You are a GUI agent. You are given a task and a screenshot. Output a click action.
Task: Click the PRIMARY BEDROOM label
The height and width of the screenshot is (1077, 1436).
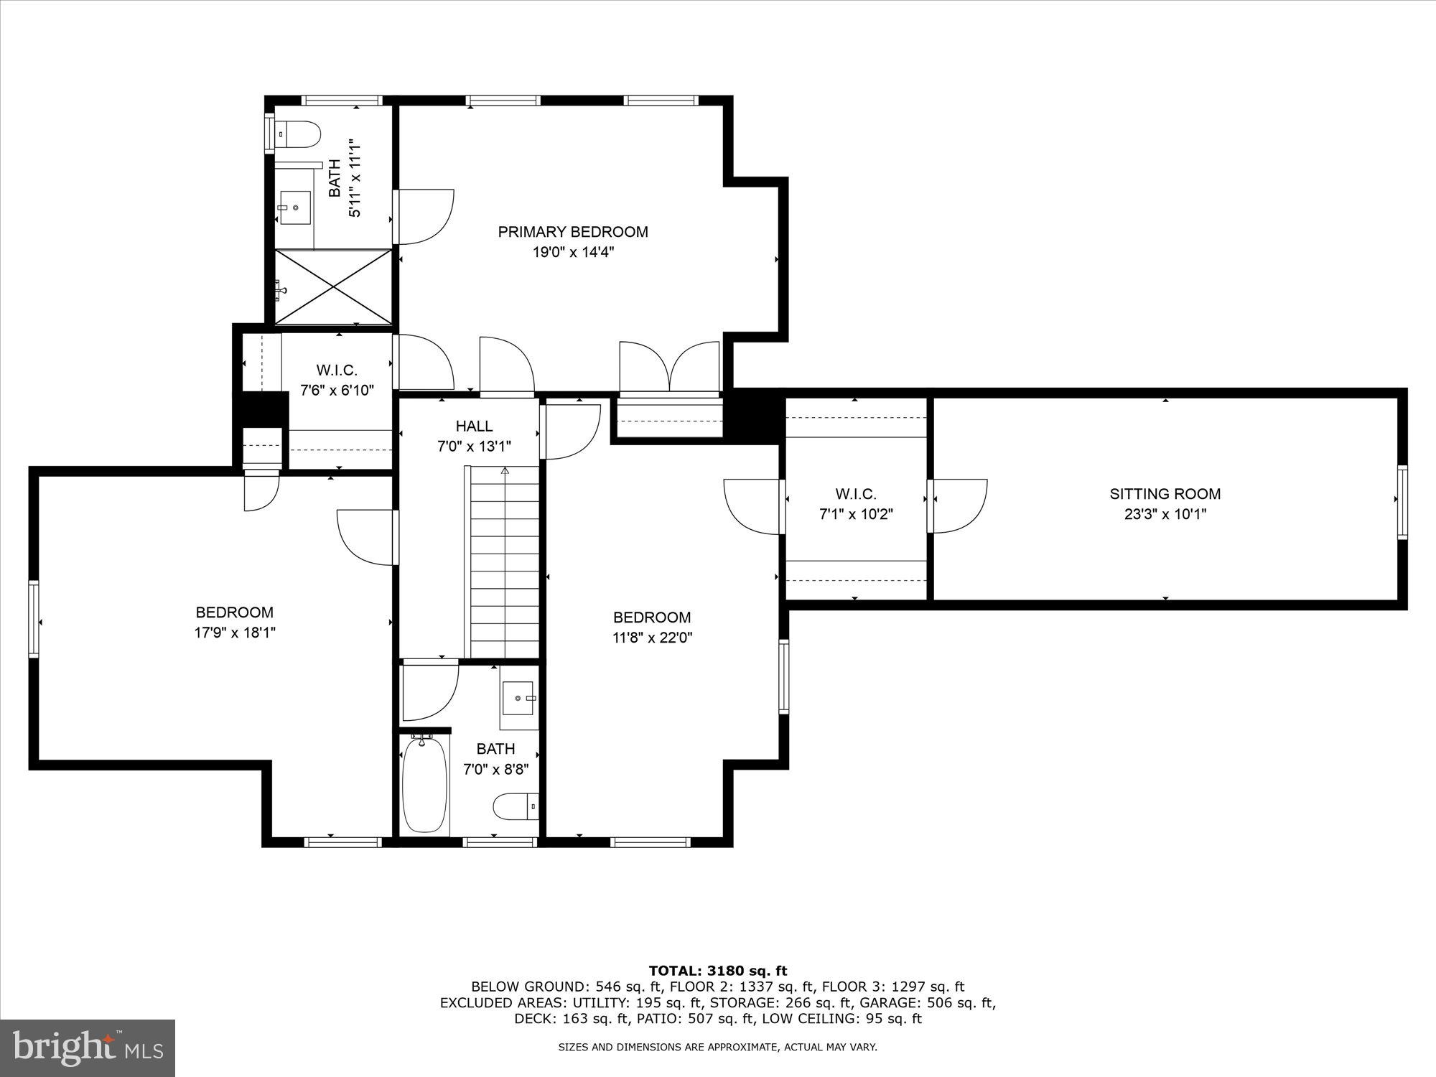[573, 232]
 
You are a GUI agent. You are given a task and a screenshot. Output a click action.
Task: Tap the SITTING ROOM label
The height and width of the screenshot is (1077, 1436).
[1165, 494]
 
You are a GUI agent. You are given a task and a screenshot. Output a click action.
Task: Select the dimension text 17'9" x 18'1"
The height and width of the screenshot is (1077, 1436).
[235, 633]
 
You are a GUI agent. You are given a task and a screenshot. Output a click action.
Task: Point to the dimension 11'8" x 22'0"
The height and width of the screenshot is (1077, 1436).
[652, 638]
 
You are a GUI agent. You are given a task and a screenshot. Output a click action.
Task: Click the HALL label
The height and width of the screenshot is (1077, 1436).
[474, 426]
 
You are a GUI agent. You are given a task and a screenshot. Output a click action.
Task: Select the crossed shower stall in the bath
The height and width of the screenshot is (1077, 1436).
[334, 287]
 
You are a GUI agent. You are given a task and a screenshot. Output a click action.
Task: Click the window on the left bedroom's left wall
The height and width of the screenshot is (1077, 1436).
[33, 619]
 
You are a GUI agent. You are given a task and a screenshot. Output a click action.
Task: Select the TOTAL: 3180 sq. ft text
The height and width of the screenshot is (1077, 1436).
[717, 971]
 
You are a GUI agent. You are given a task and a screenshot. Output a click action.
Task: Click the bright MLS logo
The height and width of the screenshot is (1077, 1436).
[88, 1049]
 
